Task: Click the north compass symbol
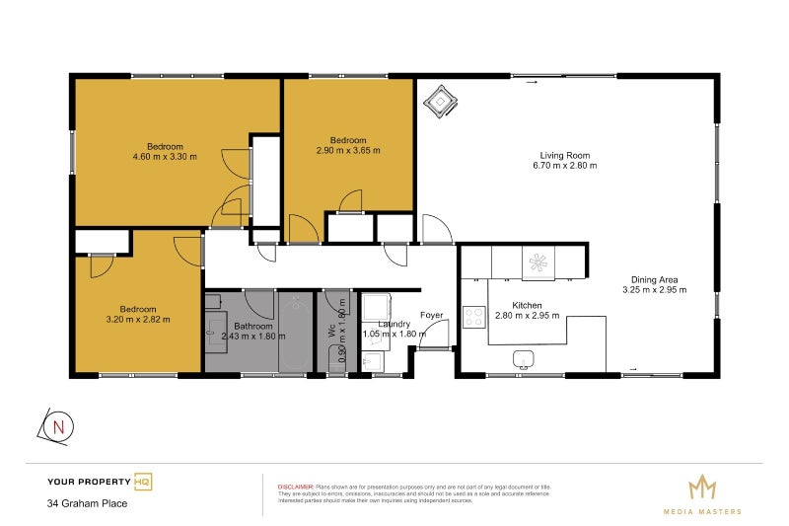58,426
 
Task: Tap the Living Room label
564,155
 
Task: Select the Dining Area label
654,279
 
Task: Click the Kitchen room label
529,305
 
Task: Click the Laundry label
387,323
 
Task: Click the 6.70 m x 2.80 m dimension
564,166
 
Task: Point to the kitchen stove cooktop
474,317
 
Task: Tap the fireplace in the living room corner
440,99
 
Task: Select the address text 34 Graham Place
88,503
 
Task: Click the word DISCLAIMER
295,488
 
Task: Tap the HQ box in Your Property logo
143,482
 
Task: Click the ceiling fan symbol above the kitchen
538,262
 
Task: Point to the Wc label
332,333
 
